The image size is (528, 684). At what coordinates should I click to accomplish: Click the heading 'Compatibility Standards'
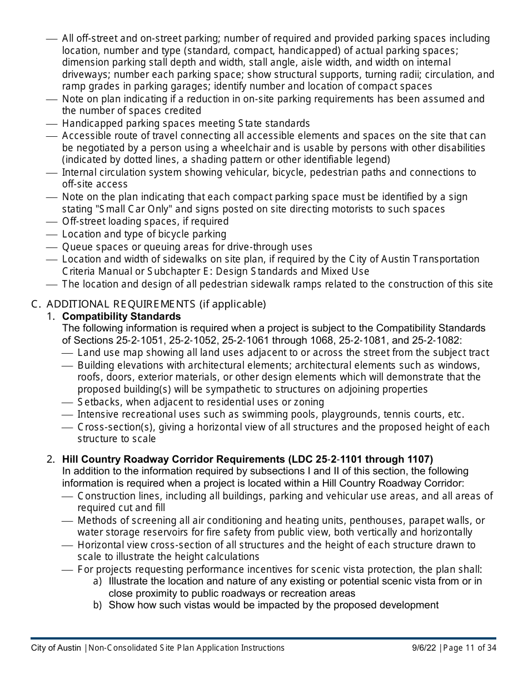121,316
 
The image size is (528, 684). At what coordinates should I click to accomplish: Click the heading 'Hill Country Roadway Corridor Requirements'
172,459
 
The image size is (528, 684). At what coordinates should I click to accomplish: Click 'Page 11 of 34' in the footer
470,648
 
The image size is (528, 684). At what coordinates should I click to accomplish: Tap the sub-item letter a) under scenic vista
97,582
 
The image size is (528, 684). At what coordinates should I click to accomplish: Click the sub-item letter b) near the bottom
97,605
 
